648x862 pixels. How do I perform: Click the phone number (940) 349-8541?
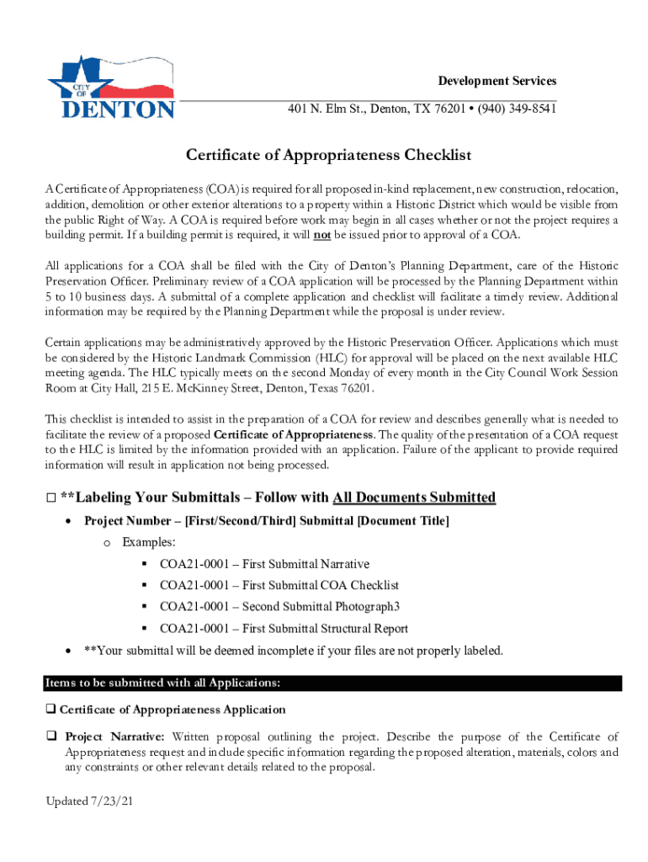pyautogui.click(x=513, y=109)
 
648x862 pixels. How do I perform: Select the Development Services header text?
pyautogui.click(x=497, y=81)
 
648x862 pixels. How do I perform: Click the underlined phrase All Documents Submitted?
pyautogui.click(x=414, y=498)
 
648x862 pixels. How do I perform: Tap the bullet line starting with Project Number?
pyautogui.click(x=266, y=521)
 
